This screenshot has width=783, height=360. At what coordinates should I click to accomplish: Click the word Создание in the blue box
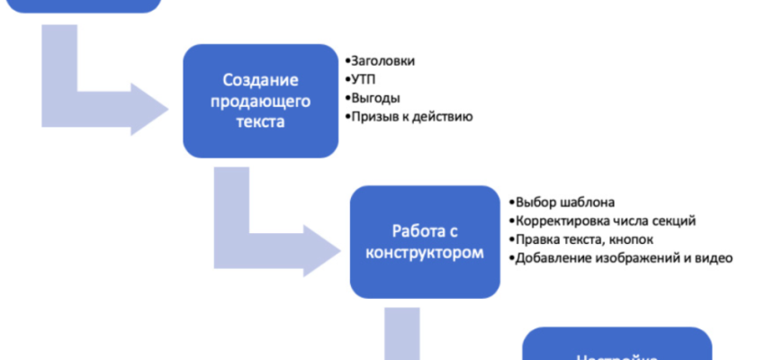(259, 80)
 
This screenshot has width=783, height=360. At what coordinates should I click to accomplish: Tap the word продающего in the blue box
(259, 100)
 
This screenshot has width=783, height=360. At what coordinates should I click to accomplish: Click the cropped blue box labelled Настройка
(616, 346)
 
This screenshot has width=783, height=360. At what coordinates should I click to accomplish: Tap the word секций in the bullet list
(675, 221)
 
